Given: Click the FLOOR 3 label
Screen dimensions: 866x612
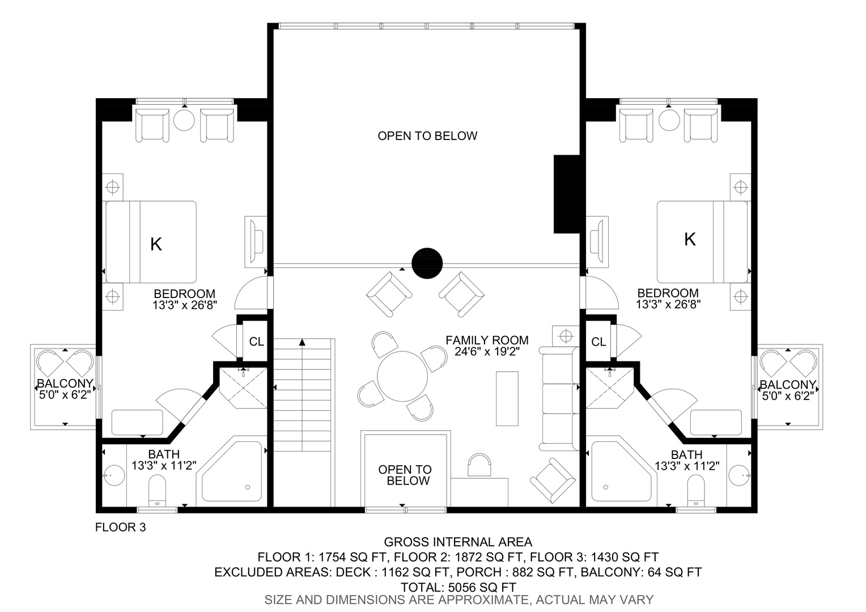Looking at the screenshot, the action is [x=121, y=527].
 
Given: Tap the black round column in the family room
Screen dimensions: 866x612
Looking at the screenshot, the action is [x=427, y=263].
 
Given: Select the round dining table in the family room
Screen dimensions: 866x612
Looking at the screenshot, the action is [x=402, y=376].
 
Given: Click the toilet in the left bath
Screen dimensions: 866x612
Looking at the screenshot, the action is [x=157, y=490].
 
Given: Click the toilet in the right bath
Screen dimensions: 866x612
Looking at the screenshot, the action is [x=697, y=490].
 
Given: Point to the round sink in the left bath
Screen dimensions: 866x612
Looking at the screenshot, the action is [x=114, y=475].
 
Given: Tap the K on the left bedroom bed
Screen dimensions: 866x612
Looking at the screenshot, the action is [x=156, y=244].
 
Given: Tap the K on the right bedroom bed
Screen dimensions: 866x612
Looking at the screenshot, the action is [x=690, y=239].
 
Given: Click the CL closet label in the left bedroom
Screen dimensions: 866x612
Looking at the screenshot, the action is [x=256, y=341].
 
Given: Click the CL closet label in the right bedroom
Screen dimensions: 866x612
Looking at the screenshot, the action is [x=598, y=342].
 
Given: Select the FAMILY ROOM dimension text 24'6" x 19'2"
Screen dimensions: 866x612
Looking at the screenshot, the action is [x=487, y=351].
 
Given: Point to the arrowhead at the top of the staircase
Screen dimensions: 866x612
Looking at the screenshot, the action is [x=302, y=342].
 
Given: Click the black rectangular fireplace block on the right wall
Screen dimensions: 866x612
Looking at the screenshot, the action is [x=567, y=194].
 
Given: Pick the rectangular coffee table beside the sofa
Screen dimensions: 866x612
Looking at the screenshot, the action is [x=507, y=398].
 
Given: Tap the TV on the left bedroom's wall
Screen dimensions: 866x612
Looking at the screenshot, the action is [x=256, y=241].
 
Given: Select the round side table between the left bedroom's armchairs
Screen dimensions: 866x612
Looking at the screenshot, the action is [x=184, y=120].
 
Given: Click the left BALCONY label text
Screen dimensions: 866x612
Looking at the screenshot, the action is [x=65, y=384].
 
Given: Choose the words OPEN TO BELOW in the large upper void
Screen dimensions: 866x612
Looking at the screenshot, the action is [x=427, y=135].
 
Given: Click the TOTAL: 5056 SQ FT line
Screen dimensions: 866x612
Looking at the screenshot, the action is [x=458, y=587].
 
